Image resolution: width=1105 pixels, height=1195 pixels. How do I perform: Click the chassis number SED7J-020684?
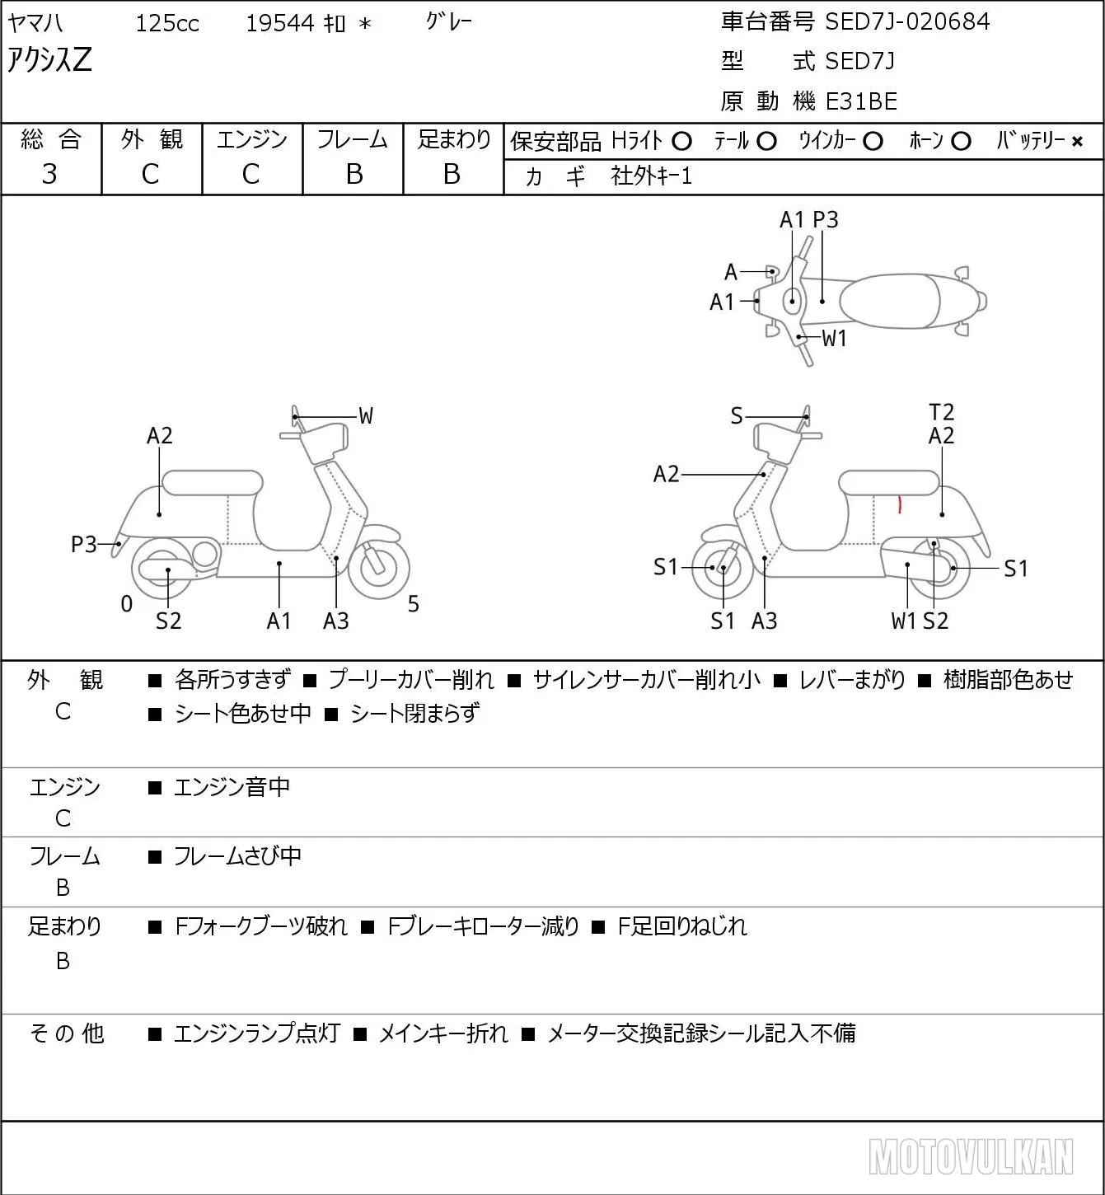coord(907,21)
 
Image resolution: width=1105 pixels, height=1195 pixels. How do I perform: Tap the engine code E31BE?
coord(861,101)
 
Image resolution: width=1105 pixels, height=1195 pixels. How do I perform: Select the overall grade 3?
coord(49,174)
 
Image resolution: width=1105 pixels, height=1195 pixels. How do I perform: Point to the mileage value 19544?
coord(280,23)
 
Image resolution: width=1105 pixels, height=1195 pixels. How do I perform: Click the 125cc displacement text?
coord(166,23)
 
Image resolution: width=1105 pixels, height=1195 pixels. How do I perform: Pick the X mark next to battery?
coord(1077,142)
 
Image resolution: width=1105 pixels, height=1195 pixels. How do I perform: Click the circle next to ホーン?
coord(961,142)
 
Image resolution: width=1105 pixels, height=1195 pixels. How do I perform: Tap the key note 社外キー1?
coord(651,176)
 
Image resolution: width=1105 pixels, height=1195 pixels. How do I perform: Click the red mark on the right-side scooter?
coord(899,504)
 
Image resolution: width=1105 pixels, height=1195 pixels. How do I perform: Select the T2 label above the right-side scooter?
coord(941,412)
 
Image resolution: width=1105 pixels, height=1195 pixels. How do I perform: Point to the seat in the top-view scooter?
coord(890,301)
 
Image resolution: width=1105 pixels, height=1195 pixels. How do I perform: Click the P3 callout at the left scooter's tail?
coord(84,544)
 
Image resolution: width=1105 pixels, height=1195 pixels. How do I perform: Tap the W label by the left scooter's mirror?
coord(365,416)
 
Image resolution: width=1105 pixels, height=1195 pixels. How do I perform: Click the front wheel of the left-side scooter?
coord(379,568)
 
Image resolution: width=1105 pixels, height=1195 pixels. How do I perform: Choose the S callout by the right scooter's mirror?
coord(737,416)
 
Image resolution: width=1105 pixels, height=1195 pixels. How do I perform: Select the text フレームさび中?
coord(237,855)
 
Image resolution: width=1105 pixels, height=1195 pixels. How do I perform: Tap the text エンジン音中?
coord(232,787)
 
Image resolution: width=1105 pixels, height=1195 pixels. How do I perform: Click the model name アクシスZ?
coord(49,59)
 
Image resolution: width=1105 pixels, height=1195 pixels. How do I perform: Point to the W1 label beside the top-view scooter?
coord(834,339)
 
